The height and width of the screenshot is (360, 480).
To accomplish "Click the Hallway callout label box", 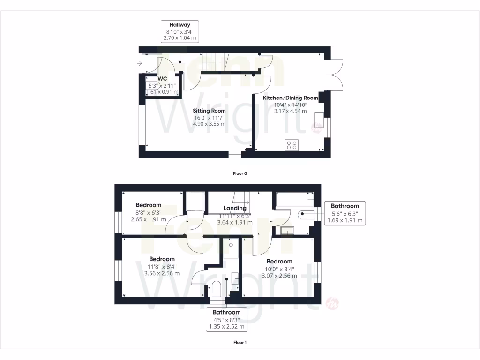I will click(x=180, y=32).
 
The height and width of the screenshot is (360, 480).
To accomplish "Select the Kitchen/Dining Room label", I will click(x=290, y=97).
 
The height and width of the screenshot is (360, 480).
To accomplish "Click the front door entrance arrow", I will click(x=140, y=63).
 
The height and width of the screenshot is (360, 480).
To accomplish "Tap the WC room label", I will click(x=163, y=79).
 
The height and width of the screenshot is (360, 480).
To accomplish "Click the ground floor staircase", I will click(x=214, y=62).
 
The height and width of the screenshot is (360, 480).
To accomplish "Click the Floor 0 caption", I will click(x=240, y=173).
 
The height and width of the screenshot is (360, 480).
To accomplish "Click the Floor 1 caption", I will click(x=240, y=342).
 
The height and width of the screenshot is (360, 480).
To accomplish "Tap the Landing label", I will click(x=235, y=208).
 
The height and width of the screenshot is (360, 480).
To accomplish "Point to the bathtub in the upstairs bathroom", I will click(x=295, y=199).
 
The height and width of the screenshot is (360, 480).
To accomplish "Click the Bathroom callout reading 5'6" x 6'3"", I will click(x=345, y=213).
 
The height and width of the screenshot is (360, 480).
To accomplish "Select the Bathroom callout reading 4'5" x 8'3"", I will click(x=226, y=319).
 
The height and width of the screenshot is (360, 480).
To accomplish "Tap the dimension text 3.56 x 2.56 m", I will click(x=162, y=274).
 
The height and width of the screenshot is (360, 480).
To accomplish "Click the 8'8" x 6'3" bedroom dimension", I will click(x=149, y=212).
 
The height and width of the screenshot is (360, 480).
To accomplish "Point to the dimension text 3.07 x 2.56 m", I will click(x=279, y=276).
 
